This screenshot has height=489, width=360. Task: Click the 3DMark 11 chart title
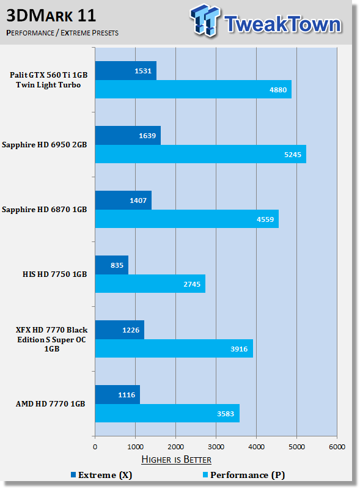pos(51,15)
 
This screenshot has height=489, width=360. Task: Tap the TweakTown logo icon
pos(205,20)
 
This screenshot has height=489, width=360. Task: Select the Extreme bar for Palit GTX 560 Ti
pos(126,70)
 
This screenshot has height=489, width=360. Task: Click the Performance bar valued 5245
pos(200,154)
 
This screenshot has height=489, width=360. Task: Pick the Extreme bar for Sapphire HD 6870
pos(123,200)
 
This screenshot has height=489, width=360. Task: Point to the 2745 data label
pos(192,284)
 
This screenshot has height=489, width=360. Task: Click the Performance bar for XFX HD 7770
pos(174,348)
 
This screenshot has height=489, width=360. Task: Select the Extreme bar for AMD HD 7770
pos(117,394)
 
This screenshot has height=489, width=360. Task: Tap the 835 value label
pos(117,265)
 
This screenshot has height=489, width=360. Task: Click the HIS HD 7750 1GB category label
pos(54,274)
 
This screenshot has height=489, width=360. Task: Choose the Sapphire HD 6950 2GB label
pos(44,145)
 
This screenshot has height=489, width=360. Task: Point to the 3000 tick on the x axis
pos(216,447)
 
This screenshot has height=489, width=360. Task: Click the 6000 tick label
pos(337,447)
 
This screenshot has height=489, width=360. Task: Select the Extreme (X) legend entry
pos(101,475)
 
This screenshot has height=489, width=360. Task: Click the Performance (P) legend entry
pos(244,475)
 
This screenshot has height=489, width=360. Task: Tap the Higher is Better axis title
pos(176,460)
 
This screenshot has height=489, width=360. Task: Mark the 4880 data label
pos(278,90)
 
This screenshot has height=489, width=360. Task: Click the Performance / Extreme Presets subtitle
pos(62,33)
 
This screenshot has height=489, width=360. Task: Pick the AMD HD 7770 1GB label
pos(51,404)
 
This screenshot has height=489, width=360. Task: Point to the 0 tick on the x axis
pos(95,447)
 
